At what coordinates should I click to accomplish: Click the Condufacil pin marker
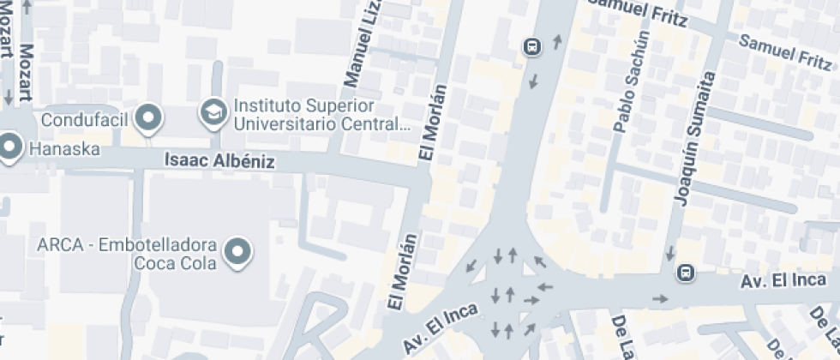(151, 118)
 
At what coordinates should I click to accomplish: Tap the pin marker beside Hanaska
(10, 147)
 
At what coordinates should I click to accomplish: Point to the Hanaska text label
(64, 149)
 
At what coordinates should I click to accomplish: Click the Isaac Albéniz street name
(219, 161)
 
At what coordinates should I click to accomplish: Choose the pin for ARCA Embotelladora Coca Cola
(237, 251)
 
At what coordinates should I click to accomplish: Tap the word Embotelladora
(158, 245)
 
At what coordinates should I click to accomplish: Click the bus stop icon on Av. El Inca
(685, 273)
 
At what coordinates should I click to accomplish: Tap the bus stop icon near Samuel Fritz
(532, 45)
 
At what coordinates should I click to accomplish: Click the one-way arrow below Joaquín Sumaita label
(669, 255)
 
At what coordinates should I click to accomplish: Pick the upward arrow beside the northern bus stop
(558, 40)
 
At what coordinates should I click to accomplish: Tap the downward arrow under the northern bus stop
(534, 81)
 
